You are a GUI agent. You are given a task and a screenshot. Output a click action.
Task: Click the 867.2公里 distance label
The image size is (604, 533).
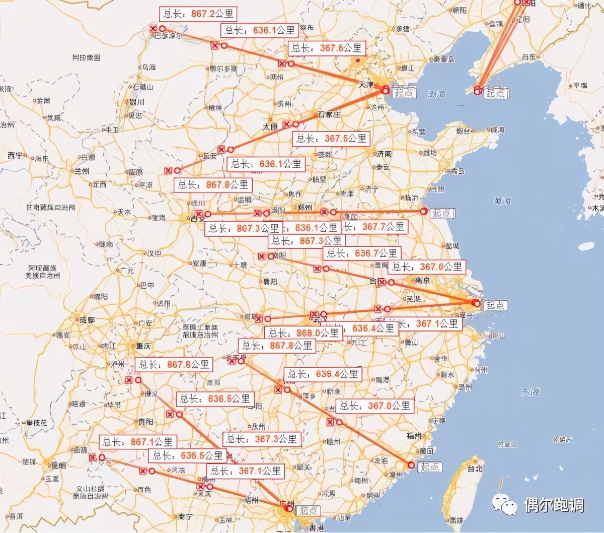point(197,14)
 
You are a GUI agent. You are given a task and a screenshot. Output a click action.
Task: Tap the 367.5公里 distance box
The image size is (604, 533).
point(331,139)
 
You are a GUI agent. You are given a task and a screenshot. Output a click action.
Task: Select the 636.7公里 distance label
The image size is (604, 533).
point(362,253)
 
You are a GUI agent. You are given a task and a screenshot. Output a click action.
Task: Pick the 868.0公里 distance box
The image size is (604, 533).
point(304,333)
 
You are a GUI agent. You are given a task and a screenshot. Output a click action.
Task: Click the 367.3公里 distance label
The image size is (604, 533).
point(262,439)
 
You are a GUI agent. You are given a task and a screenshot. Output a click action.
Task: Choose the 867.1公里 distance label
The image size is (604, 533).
point(137,442)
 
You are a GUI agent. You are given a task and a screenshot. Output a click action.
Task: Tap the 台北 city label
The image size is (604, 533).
point(474,469)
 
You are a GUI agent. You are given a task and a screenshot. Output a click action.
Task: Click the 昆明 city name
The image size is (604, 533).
point(58,465)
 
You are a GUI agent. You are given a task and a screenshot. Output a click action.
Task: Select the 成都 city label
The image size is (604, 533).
point(87,320)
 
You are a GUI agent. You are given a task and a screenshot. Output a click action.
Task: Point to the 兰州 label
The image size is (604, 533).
point(81,171)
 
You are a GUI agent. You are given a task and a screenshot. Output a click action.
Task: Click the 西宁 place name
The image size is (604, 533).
point(15,156)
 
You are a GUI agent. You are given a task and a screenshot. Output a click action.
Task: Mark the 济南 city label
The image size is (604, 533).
point(384,153)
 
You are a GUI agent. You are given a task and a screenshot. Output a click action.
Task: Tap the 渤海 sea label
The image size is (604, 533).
point(436,94)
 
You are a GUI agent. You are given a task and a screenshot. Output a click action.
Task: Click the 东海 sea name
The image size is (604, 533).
point(530,391)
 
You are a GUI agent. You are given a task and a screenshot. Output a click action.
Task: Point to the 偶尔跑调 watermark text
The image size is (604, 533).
point(554,504)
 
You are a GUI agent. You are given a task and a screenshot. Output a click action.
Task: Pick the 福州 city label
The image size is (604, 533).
point(414,435)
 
